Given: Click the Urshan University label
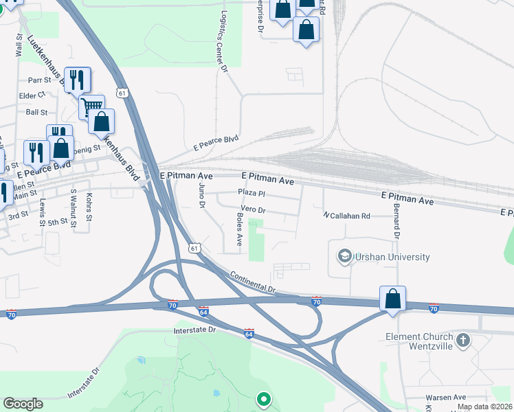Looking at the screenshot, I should tap(392, 257).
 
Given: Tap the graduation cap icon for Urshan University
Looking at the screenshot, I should tap(344, 257).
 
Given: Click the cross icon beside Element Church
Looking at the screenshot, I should tap(463, 339).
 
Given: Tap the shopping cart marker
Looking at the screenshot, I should tap(91, 106).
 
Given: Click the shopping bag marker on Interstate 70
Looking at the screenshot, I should tap(392, 299).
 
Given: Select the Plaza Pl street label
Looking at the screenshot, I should tap(252, 193).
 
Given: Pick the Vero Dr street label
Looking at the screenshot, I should tap(253, 209).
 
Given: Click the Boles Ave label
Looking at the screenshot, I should tap(239, 230).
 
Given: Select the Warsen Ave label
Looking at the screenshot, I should tap(445, 398).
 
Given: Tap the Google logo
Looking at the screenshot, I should tap(23, 404).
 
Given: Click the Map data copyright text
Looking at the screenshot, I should tap(484, 407).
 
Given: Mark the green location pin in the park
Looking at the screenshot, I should tap(262, 398).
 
